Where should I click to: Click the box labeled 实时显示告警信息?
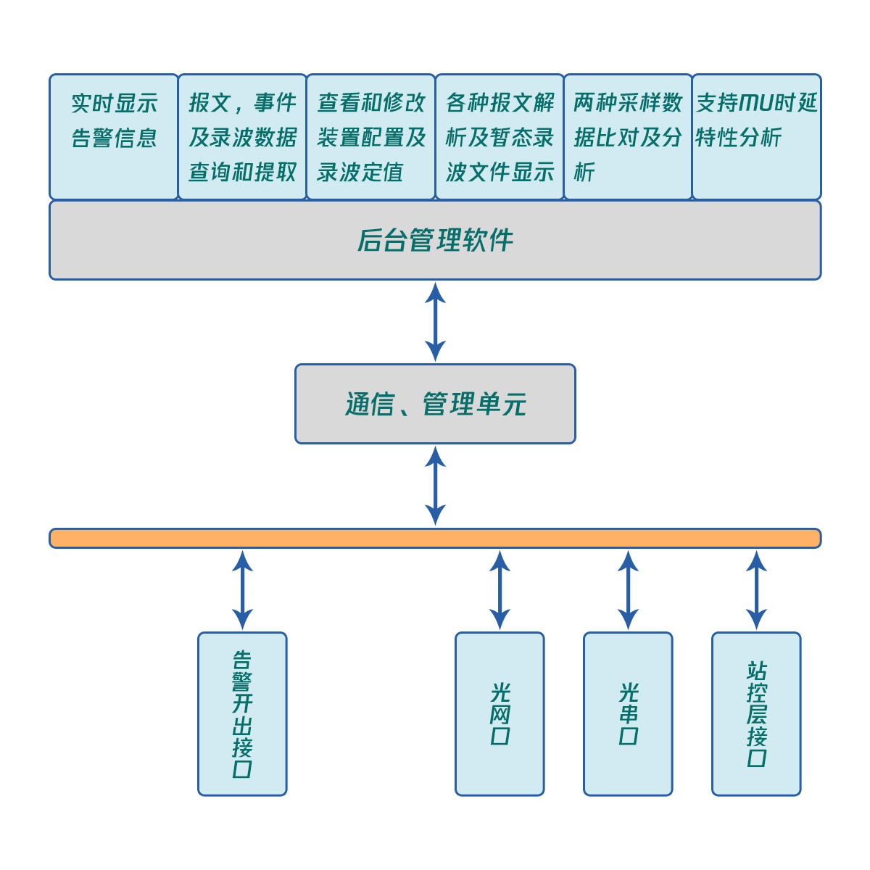click(x=114, y=136)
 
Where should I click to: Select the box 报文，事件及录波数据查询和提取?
click(x=242, y=136)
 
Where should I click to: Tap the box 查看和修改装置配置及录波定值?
click(x=370, y=136)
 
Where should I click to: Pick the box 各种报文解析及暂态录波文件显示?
click(x=500, y=136)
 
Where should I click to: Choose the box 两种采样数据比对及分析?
click(x=628, y=136)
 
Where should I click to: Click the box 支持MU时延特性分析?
click(x=756, y=136)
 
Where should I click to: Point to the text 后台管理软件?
click(x=435, y=240)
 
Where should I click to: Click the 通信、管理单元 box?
click(x=435, y=404)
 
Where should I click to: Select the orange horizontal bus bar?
click(x=435, y=538)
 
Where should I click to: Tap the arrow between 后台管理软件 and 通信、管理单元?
click(x=435, y=322)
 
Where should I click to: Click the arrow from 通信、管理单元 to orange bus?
click(x=435, y=486)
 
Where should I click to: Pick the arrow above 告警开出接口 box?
click(x=242, y=590)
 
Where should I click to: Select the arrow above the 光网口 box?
click(x=500, y=590)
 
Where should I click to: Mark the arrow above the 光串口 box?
click(x=628, y=590)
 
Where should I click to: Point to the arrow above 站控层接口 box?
click(x=756, y=590)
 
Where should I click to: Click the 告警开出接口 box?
click(x=242, y=714)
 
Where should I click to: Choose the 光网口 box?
click(x=500, y=714)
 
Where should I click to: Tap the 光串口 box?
click(x=628, y=714)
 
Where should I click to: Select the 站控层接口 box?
click(x=756, y=714)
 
